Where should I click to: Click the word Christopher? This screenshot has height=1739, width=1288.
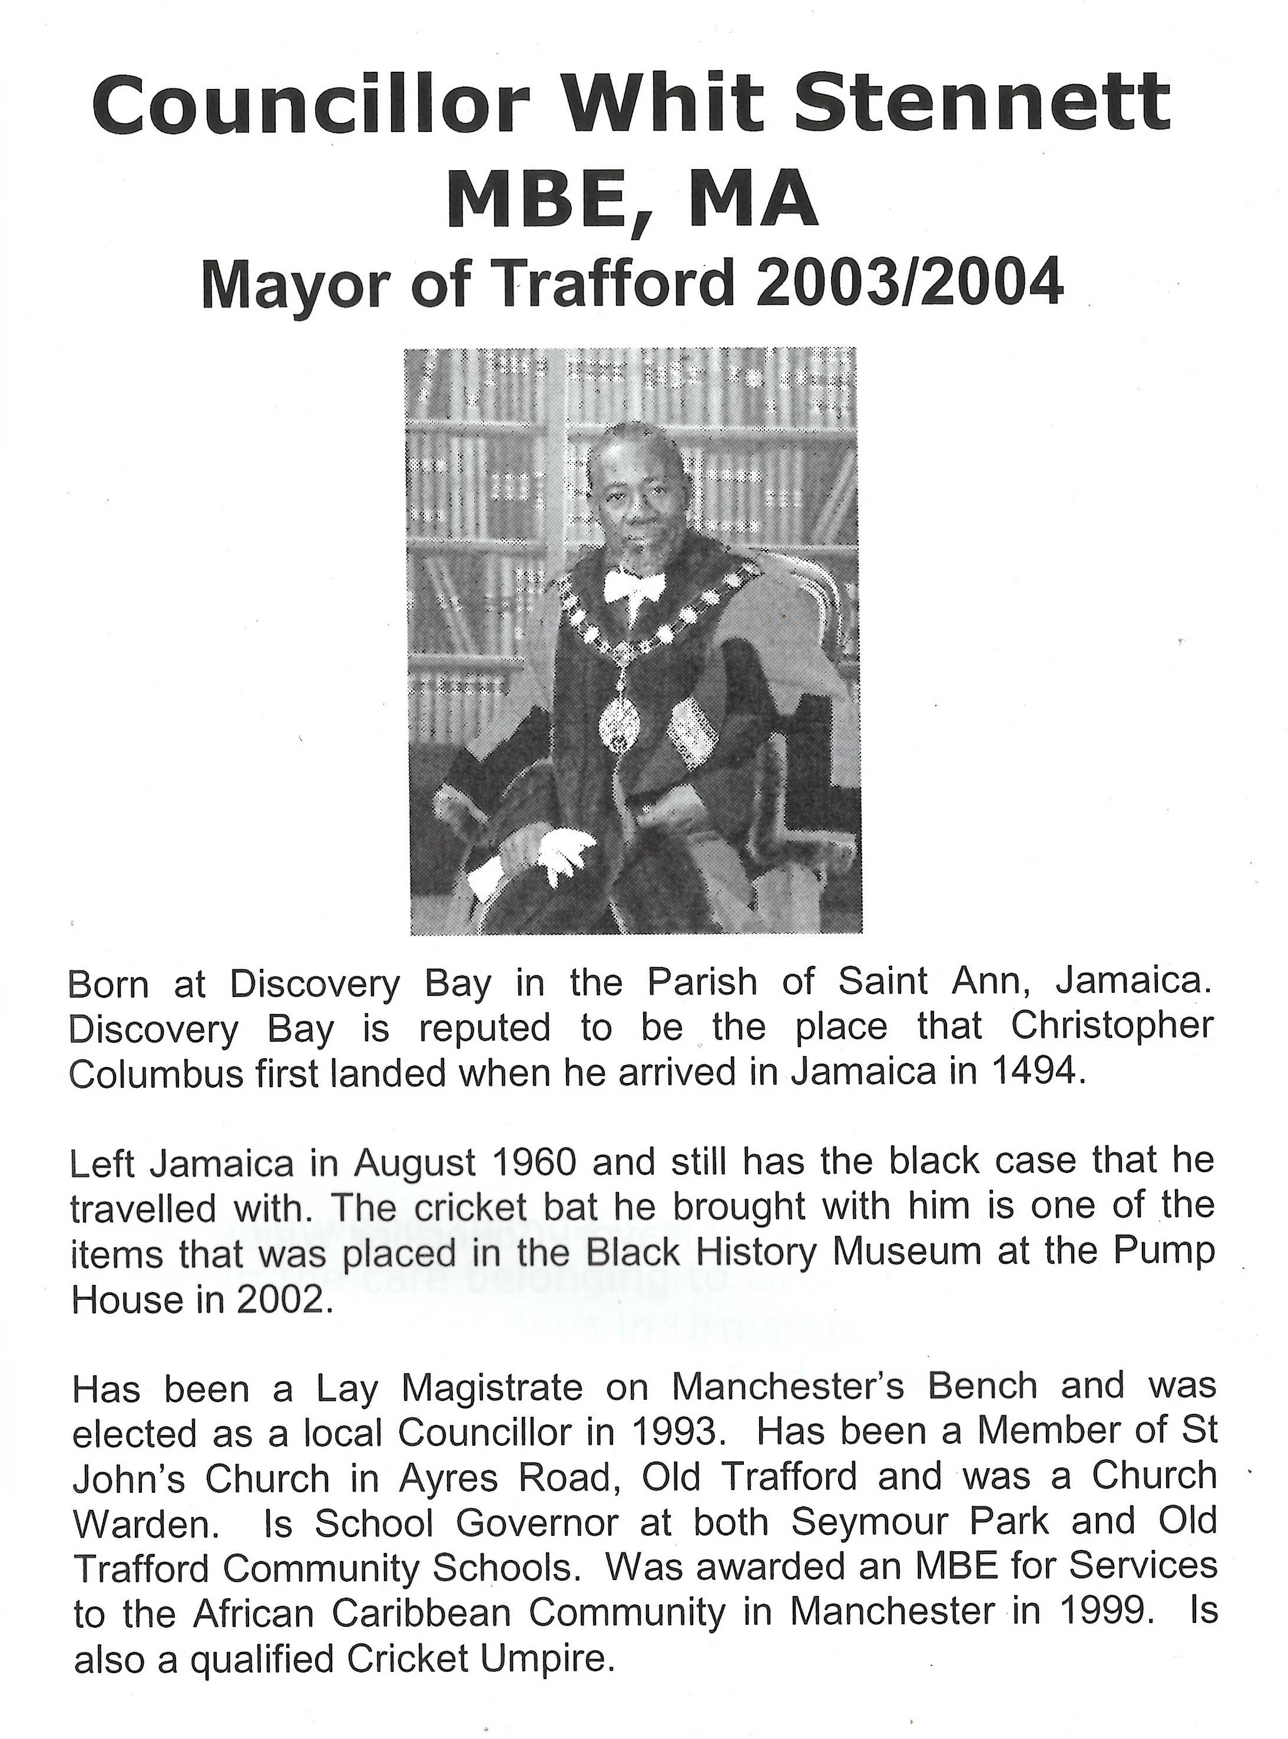pyautogui.click(x=1112, y=1028)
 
